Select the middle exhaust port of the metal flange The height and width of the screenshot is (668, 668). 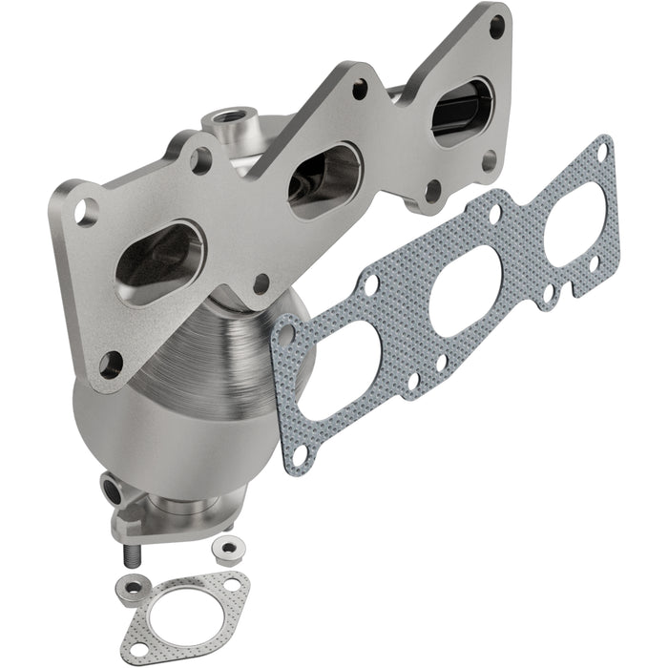click(324, 178)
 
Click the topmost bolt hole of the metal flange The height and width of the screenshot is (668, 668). click(496, 26)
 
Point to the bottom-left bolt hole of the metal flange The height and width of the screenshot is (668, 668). click(111, 362)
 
